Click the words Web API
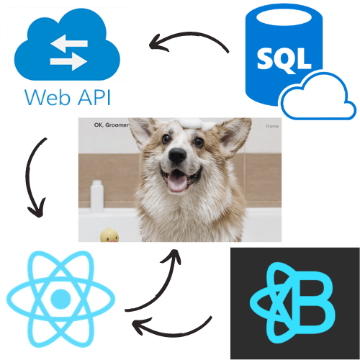click(68, 97)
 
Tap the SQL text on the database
click(284, 59)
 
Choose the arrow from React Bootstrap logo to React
click(171, 333)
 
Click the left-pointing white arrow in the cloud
click(69, 43)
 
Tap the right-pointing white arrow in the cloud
click(68, 62)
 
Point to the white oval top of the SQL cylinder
click(284, 17)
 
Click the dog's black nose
click(177, 156)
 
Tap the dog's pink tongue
click(177, 183)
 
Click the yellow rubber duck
click(109, 235)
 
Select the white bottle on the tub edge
click(96, 196)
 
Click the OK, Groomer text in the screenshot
click(112, 125)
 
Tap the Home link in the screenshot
click(272, 126)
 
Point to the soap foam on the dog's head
click(194, 124)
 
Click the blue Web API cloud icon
click(67, 45)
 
